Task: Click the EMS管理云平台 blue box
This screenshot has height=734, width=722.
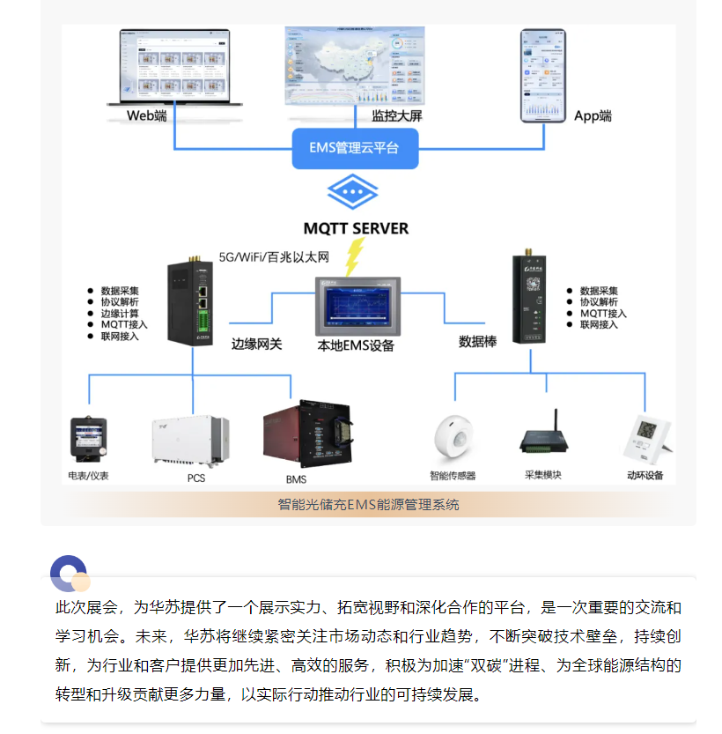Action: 355,148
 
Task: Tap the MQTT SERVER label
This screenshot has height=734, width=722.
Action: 356,228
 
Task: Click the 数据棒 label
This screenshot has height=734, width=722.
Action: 477,341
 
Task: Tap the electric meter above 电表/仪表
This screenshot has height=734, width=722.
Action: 88,440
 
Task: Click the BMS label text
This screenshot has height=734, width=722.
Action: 296,479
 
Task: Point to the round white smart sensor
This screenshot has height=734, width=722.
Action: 453,437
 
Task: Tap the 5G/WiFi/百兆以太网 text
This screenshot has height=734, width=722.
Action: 273,257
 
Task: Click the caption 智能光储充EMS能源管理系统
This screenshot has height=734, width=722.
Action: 368,505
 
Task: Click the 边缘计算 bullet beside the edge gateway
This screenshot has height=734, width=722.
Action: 120,313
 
